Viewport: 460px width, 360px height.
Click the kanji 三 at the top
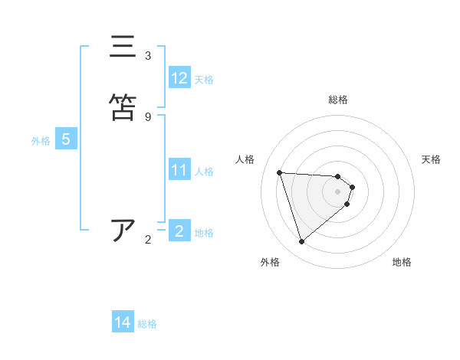coord(123,47)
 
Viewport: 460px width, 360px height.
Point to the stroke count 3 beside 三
coord(148,56)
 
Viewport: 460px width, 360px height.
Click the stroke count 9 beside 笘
coord(148,116)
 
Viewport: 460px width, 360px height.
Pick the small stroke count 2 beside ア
coord(148,240)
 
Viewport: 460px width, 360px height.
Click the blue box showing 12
coord(179,78)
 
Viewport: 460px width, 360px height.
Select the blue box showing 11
coord(179,170)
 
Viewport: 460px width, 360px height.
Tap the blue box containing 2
coord(179,231)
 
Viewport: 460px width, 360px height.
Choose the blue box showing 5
coord(66,139)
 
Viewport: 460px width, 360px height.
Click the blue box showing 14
coord(123,323)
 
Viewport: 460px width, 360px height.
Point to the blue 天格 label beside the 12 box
coord(204,79)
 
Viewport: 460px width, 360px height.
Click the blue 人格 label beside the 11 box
coord(204,171)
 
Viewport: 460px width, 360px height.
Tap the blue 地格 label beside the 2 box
coord(204,232)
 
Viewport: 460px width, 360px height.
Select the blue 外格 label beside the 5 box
coord(41,140)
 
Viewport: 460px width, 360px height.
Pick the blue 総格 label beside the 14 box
coord(147,324)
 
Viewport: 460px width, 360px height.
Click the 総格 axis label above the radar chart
coord(338,100)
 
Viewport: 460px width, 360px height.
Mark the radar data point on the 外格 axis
coord(301,242)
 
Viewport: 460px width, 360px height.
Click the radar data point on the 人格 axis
coord(280,172)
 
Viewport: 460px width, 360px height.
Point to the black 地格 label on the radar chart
coord(402,262)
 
